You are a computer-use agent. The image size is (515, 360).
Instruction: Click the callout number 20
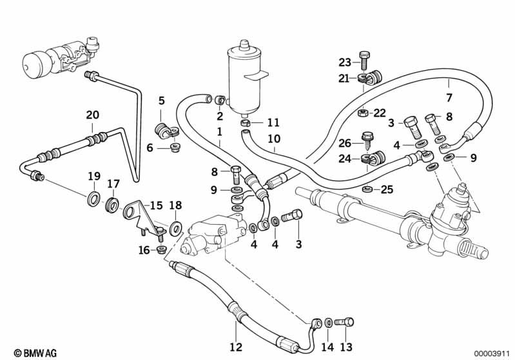click(x=92, y=115)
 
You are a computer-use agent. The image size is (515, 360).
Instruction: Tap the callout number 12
click(x=236, y=347)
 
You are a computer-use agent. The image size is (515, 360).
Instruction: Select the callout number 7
click(x=449, y=97)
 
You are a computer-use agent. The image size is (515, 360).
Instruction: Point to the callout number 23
click(x=345, y=62)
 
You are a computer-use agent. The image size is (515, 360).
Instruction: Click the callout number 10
click(x=274, y=139)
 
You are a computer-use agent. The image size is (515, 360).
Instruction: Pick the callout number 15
click(x=156, y=205)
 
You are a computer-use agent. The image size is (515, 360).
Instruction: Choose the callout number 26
click(x=345, y=143)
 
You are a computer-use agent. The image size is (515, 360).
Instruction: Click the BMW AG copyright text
click(x=35, y=353)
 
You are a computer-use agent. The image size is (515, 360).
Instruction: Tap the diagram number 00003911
click(x=491, y=354)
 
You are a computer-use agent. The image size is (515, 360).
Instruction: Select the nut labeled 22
click(x=363, y=113)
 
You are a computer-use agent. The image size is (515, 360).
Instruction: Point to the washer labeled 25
click(x=367, y=189)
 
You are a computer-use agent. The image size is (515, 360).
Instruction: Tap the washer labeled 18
click(x=177, y=228)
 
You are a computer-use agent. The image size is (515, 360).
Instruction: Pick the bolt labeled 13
click(x=344, y=322)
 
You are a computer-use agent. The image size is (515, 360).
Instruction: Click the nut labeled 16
click(x=161, y=249)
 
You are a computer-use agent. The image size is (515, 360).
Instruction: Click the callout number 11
click(x=273, y=123)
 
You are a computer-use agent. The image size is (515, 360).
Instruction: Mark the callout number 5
click(x=161, y=100)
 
